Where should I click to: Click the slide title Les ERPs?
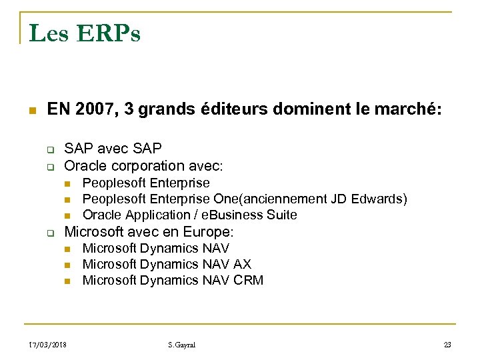tap(85, 33)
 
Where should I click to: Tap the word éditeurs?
tap(230, 110)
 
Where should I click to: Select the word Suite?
tap(281, 215)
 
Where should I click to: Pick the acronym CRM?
tap(249, 280)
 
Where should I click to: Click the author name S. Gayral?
tap(183, 345)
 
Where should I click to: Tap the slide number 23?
tap(447, 345)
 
